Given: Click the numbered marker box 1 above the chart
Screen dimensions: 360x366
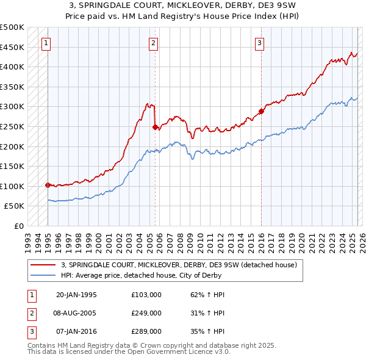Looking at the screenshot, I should click(x=47, y=43).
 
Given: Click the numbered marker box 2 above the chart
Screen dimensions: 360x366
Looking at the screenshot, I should click(x=153, y=43).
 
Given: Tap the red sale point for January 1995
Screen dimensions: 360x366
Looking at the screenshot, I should click(x=48, y=184).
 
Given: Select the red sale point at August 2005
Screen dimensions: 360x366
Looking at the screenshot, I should click(x=155, y=127).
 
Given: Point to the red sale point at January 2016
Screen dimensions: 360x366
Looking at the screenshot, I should click(x=261, y=111).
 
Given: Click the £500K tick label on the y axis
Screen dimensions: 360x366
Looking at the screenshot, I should click(x=12, y=27).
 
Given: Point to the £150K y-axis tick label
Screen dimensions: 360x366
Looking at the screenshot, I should click(x=12, y=166).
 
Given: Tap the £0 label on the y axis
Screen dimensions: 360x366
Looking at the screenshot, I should click(x=18, y=226).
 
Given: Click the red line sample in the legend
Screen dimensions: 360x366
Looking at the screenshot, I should click(x=43, y=265).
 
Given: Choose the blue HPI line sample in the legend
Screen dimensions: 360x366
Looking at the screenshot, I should click(x=43, y=275).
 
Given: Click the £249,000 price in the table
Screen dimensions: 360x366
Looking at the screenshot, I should click(x=146, y=313).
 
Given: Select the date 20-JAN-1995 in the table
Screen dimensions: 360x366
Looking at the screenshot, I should click(x=76, y=295).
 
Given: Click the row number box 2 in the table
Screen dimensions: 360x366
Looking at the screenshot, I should click(x=30, y=313).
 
